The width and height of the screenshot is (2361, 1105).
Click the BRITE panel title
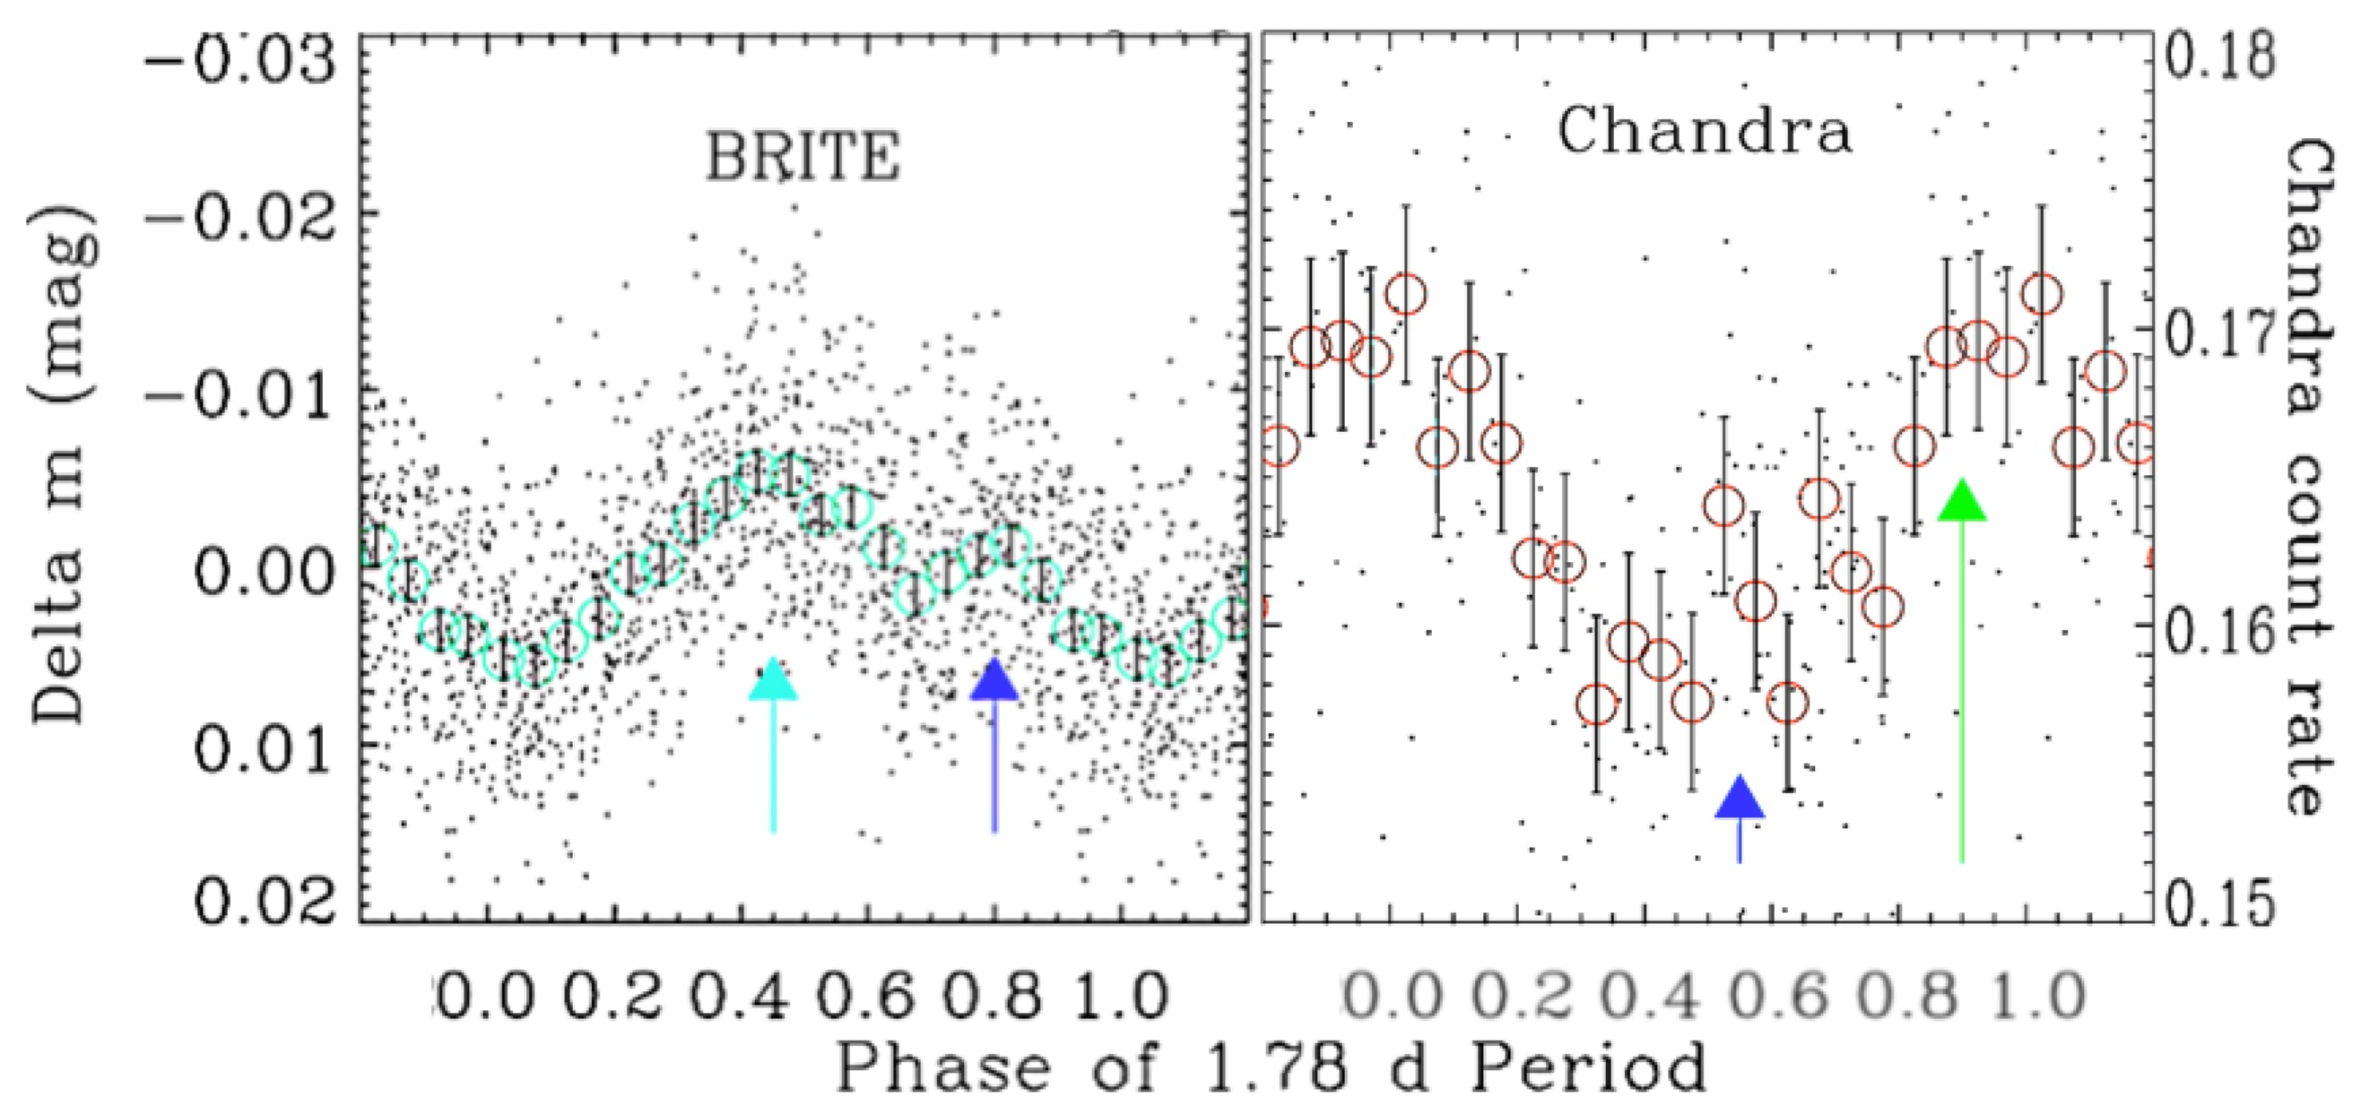(x=803, y=157)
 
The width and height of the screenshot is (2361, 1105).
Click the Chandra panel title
(x=1705, y=132)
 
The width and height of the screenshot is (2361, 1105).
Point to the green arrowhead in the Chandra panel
(x=1962, y=501)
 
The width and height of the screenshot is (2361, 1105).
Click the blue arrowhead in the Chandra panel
(x=1740, y=797)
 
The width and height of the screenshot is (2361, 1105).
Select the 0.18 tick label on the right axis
(x=2219, y=55)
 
